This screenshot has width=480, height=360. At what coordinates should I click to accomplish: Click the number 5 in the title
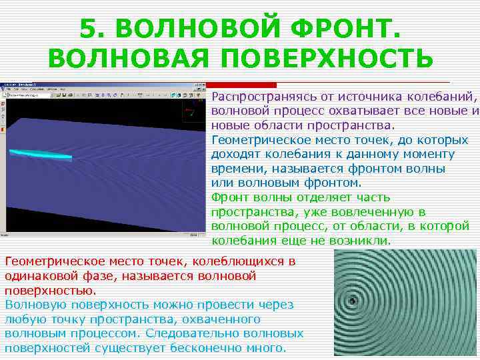[89, 29]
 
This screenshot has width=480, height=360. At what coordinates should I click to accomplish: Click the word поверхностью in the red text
[50, 291]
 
